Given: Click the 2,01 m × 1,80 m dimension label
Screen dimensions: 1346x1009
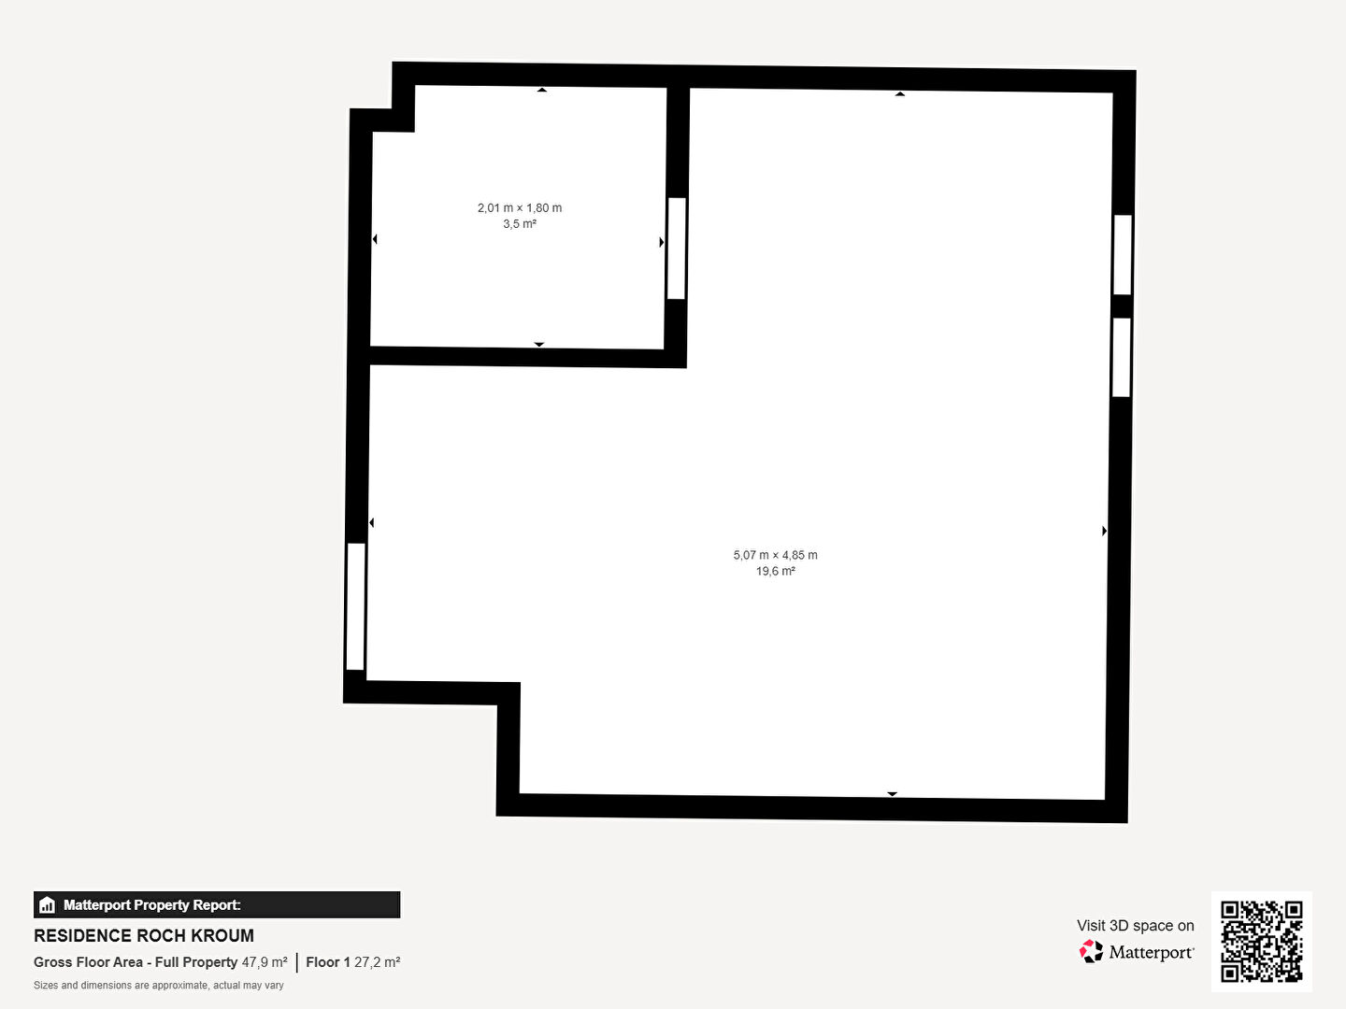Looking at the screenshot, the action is pyautogui.click(x=520, y=207).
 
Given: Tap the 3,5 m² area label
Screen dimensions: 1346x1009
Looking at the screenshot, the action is pyautogui.click(x=520, y=223).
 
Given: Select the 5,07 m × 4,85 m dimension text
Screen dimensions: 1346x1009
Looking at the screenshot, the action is pyautogui.click(x=775, y=555).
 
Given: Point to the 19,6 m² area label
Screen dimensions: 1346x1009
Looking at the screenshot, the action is pyautogui.click(x=775, y=571).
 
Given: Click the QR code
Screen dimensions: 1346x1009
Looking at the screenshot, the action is pyautogui.click(x=1261, y=941).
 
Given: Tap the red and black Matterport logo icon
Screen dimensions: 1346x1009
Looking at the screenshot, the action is pyautogui.click(x=1091, y=951).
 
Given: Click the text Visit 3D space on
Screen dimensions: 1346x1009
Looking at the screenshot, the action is pyautogui.click(x=1135, y=925).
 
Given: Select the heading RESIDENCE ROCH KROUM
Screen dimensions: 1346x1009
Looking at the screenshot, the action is pyautogui.click(x=144, y=935).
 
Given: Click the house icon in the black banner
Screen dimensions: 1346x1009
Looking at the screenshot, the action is pyautogui.click(x=48, y=905).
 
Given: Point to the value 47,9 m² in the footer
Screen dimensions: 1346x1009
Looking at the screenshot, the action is pyautogui.click(x=265, y=962).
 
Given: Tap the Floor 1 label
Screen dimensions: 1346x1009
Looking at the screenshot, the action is pyautogui.click(x=327, y=962).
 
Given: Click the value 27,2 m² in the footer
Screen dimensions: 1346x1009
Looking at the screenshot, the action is pyautogui.click(x=377, y=962).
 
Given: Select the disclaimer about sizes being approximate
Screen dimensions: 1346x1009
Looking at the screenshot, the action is pyautogui.click(x=158, y=985).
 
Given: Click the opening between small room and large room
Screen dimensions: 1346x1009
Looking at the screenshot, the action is pyautogui.click(x=677, y=249).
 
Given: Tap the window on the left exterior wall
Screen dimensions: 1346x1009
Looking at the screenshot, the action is pyautogui.click(x=356, y=606).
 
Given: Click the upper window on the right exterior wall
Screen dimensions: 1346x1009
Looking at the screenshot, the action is pyautogui.click(x=1123, y=255).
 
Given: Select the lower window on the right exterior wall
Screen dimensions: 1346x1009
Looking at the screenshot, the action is pyautogui.click(x=1122, y=357).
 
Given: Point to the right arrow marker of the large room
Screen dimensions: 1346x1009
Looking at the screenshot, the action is pyautogui.click(x=1105, y=531).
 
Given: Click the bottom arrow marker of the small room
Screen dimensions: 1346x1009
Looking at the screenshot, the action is pyautogui.click(x=539, y=345).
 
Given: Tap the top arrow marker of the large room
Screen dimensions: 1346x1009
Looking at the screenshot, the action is pyautogui.click(x=899, y=93).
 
